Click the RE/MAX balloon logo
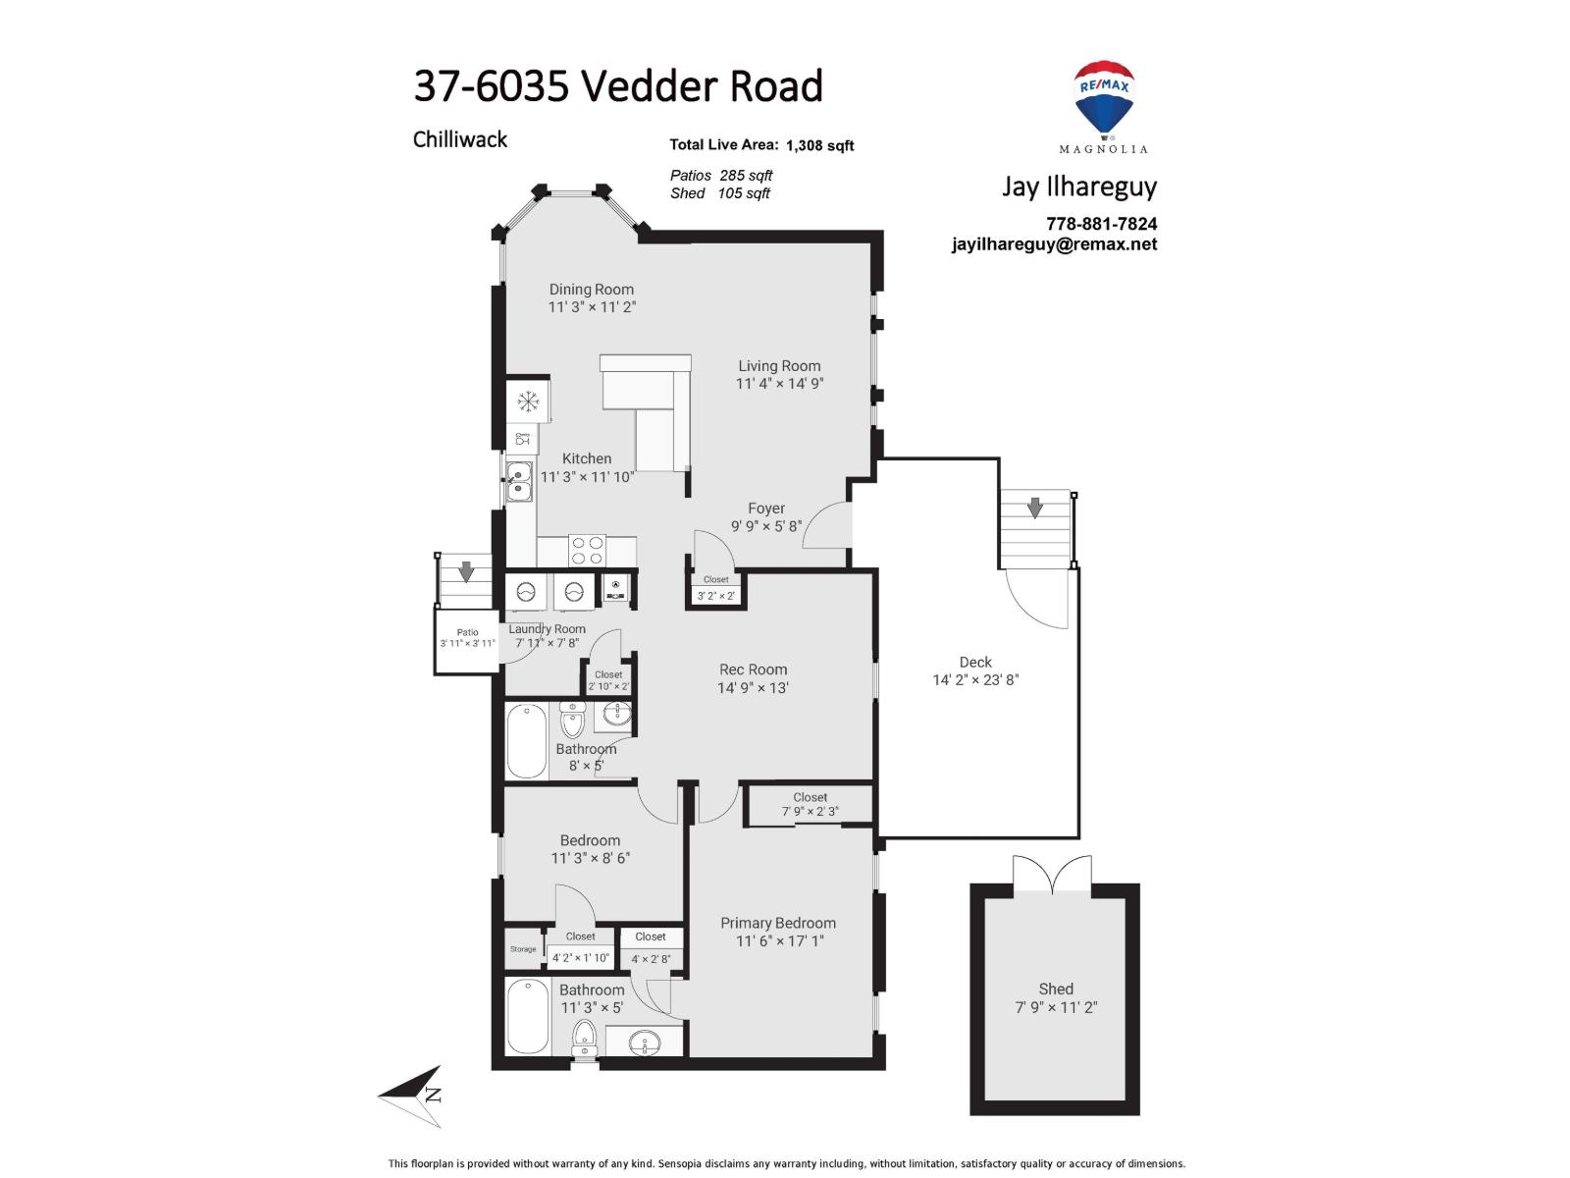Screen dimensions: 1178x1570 pos(1104,98)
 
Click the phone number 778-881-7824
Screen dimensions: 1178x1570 pos(1101,224)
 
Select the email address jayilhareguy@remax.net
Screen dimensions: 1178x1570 pos(1054,244)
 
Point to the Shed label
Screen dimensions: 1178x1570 pos(1056,989)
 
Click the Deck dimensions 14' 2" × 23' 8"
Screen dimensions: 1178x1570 pos(975,679)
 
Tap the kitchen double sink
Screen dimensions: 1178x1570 pos(519,481)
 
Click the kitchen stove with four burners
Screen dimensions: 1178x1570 pos(588,550)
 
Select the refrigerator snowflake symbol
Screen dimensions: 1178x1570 pos(528,401)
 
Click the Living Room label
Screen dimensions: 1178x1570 pos(779,366)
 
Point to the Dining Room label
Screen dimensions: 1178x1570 pos(591,290)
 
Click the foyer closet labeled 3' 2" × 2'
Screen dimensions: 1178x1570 pos(715,589)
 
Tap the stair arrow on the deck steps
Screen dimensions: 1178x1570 pos(1034,508)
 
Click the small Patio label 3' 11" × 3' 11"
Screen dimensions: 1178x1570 pos(467,638)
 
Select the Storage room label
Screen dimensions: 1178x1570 pos(523,949)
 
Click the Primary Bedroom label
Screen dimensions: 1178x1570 pos(778,923)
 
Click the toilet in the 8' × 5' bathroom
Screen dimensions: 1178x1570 pos(572,723)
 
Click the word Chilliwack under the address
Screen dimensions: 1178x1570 pos(459,139)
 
